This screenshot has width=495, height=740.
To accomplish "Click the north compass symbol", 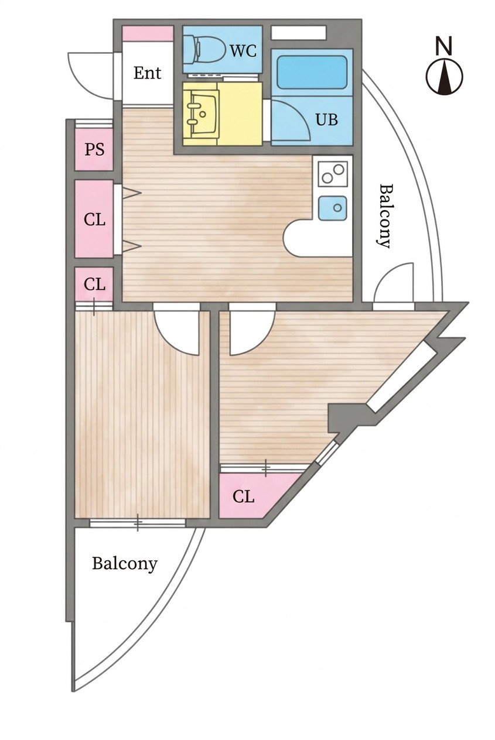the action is (444, 76).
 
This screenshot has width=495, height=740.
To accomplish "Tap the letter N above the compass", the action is (444, 46).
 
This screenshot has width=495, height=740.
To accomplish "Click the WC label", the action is (243, 50).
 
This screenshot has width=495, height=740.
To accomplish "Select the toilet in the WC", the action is (204, 50).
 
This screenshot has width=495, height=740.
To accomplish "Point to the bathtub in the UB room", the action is (312, 71).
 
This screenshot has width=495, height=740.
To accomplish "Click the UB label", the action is (327, 119).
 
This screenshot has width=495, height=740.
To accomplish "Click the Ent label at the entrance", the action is (147, 73).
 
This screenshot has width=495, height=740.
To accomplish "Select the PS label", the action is (94, 149).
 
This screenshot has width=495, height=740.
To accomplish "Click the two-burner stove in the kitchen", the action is (333, 173).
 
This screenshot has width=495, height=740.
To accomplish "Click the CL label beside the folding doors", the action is (94, 219).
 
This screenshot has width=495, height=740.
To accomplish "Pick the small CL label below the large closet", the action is (94, 283).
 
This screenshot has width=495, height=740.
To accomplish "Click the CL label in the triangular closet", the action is (243, 496).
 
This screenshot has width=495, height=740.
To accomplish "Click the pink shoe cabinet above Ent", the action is (148, 33).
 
